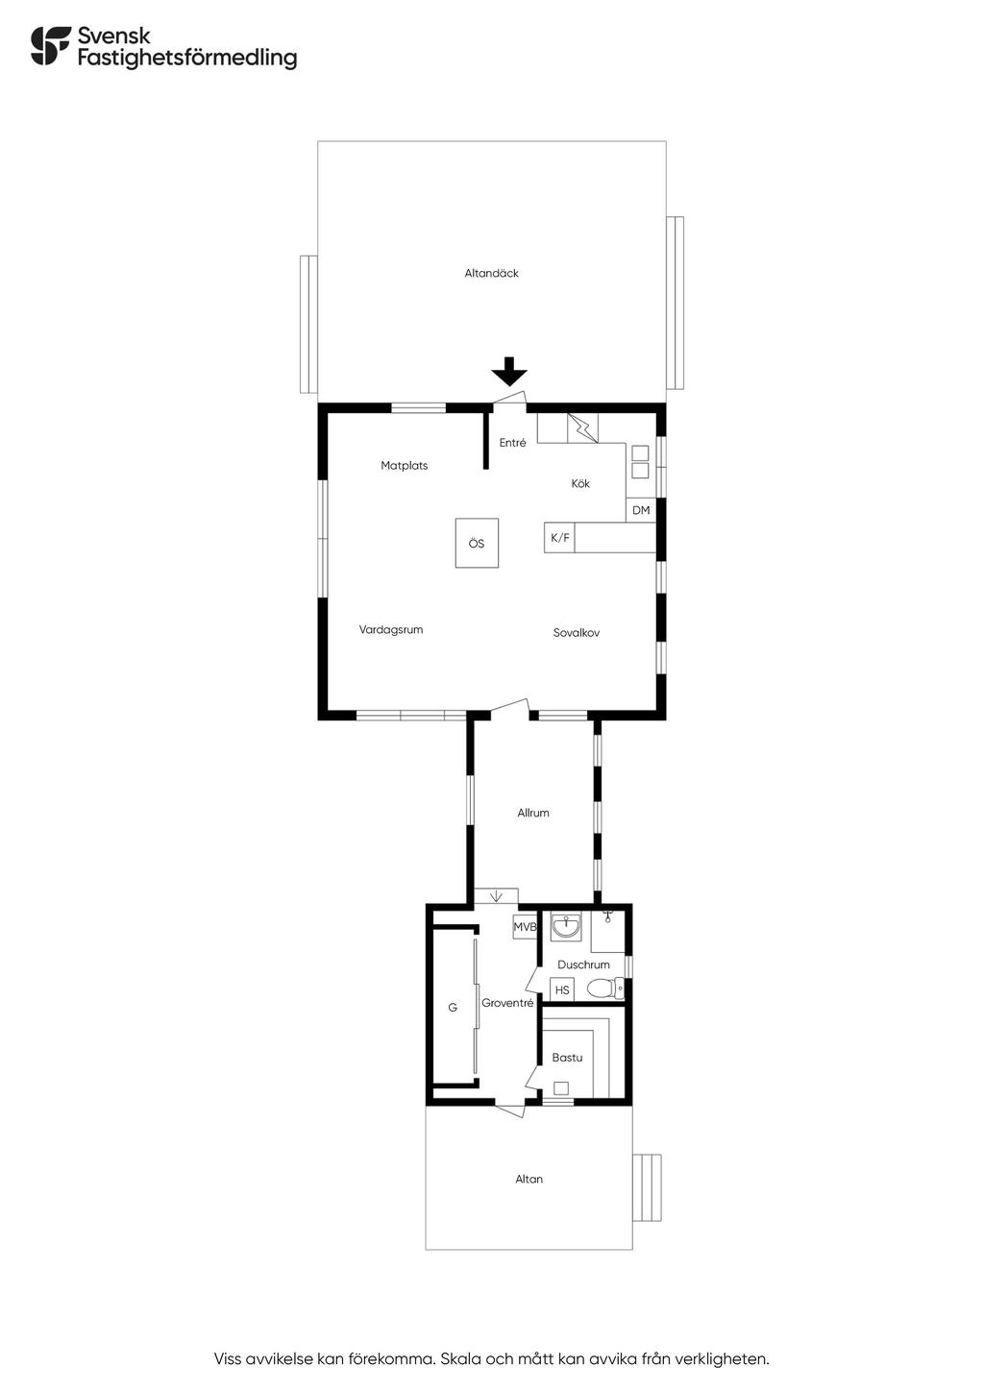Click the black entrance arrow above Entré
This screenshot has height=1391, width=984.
coord(508,371)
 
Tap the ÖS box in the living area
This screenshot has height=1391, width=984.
coord(477,543)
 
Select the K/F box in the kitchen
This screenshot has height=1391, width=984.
coord(559,538)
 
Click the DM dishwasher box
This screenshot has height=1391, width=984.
coord(641,510)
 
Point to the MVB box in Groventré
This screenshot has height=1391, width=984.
coord(525,927)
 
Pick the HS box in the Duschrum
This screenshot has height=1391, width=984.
coord(562,989)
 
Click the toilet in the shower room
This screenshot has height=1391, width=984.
coord(605,988)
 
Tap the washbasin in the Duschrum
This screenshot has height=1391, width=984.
coord(566,927)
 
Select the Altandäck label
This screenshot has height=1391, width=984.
coord(491,273)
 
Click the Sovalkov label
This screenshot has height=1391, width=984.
coord(577,633)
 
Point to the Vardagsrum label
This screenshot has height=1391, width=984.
coord(391,629)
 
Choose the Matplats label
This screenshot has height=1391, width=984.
coord(405,466)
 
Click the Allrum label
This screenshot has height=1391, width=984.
coord(533,813)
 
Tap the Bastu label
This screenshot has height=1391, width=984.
coord(567,1058)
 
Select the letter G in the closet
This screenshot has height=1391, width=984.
coord(453,1008)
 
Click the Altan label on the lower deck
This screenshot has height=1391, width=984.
coord(529,1180)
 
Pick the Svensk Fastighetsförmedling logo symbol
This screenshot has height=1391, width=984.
coord(51,46)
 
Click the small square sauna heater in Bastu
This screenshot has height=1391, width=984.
coord(561,1088)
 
